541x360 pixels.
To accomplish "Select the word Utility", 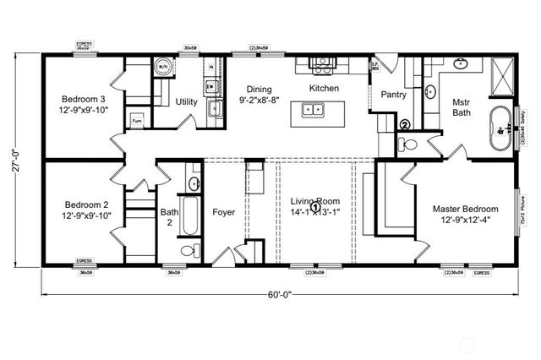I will point(187,102).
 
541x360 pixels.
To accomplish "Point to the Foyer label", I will point(224,211).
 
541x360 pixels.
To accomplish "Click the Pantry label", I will point(395,95).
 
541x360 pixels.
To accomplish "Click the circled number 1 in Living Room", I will point(315,205).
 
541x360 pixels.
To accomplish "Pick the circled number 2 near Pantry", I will point(404,125).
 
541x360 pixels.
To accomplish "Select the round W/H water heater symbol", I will point(162,66).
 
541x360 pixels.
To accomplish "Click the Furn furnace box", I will point(136,122).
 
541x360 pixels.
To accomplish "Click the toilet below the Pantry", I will point(410,146).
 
